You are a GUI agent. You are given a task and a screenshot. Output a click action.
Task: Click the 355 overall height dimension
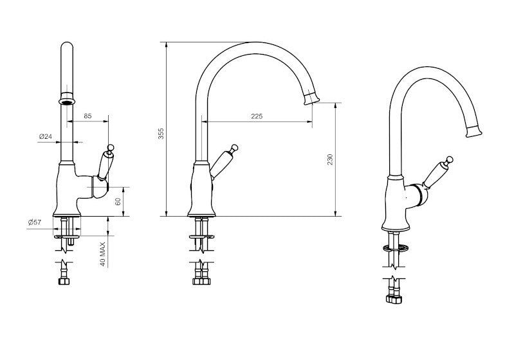[161, 133]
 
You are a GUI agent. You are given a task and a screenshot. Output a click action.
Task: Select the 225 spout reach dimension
[257, 116]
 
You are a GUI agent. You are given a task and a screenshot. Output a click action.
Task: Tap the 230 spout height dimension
[330, 159]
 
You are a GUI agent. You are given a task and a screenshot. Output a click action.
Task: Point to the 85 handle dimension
[88, 116]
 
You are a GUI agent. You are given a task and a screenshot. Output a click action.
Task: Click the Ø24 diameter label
[45, 137]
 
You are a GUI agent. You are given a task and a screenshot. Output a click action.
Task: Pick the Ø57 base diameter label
[35, 222]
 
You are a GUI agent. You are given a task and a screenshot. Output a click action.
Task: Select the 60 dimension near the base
[118, 201]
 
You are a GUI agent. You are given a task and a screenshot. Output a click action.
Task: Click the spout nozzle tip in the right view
[473, 132]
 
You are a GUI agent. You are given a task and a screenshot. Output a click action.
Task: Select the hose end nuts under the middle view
[202, 280]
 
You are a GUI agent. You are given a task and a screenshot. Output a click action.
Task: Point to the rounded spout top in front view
[66, 48]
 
